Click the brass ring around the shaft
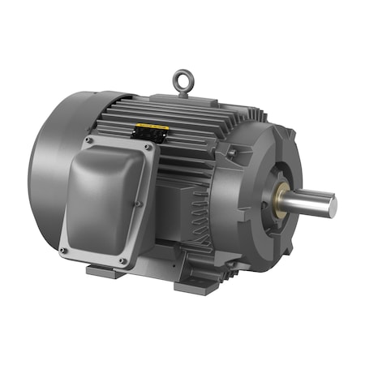(286, 196)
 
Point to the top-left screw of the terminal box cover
(87, 140)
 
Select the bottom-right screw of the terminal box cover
(122, 261)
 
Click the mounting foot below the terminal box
(105, 271)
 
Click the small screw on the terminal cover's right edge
(140, 203)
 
